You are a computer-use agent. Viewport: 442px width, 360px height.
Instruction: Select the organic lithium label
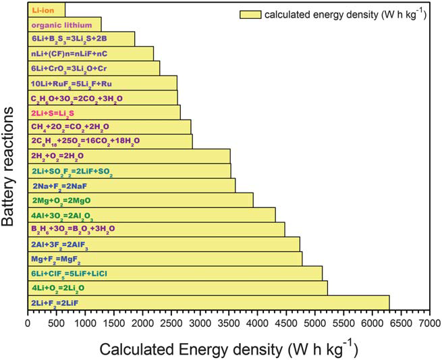click(x=57, y=25)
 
